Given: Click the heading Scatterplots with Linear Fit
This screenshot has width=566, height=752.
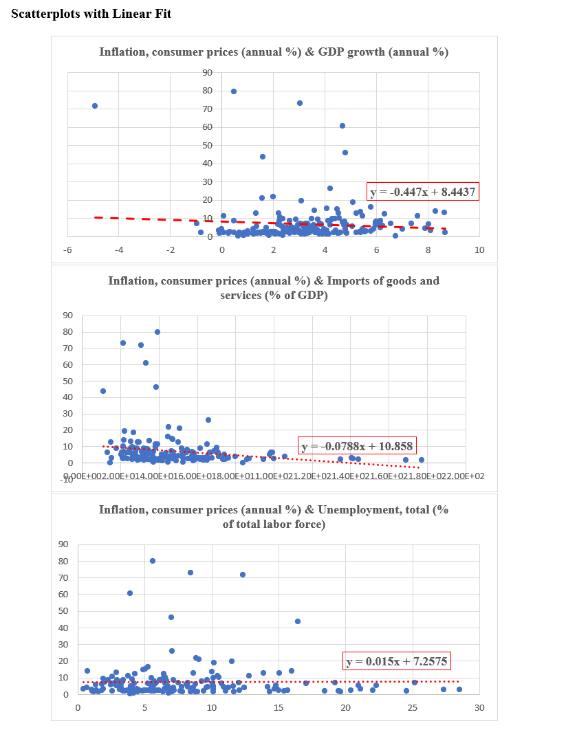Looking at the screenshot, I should [91, 14].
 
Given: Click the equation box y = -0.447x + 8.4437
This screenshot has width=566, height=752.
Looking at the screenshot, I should [423, 192].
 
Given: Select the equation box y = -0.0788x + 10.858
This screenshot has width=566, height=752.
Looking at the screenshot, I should [357, 445].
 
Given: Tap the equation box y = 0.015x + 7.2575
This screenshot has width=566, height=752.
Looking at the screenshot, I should [398, 661].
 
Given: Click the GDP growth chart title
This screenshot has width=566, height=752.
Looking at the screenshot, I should [274, 52].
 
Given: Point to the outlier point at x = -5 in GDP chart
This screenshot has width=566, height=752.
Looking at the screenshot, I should [95, 106].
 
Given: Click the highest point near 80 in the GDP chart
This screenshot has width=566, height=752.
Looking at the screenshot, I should [234, 91].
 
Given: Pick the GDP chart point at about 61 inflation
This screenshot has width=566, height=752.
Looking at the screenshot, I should [342, 126].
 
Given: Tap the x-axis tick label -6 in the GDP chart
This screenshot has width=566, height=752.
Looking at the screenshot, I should [67, 250].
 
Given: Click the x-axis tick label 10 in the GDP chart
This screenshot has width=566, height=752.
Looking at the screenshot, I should [479, 250].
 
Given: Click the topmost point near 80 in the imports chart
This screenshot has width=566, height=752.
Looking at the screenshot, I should [157, 332].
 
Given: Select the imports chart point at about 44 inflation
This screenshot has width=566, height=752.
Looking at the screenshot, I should [103, 391].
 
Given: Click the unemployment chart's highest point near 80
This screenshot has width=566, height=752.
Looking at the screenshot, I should [153, 561].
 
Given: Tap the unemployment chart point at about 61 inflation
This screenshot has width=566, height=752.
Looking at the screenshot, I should [130, 593].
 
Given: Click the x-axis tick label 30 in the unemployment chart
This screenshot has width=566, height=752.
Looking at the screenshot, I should [479, 707].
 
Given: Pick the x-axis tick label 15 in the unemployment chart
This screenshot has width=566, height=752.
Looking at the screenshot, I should [279, 707].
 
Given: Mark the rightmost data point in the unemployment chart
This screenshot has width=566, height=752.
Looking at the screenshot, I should [459, 689].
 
